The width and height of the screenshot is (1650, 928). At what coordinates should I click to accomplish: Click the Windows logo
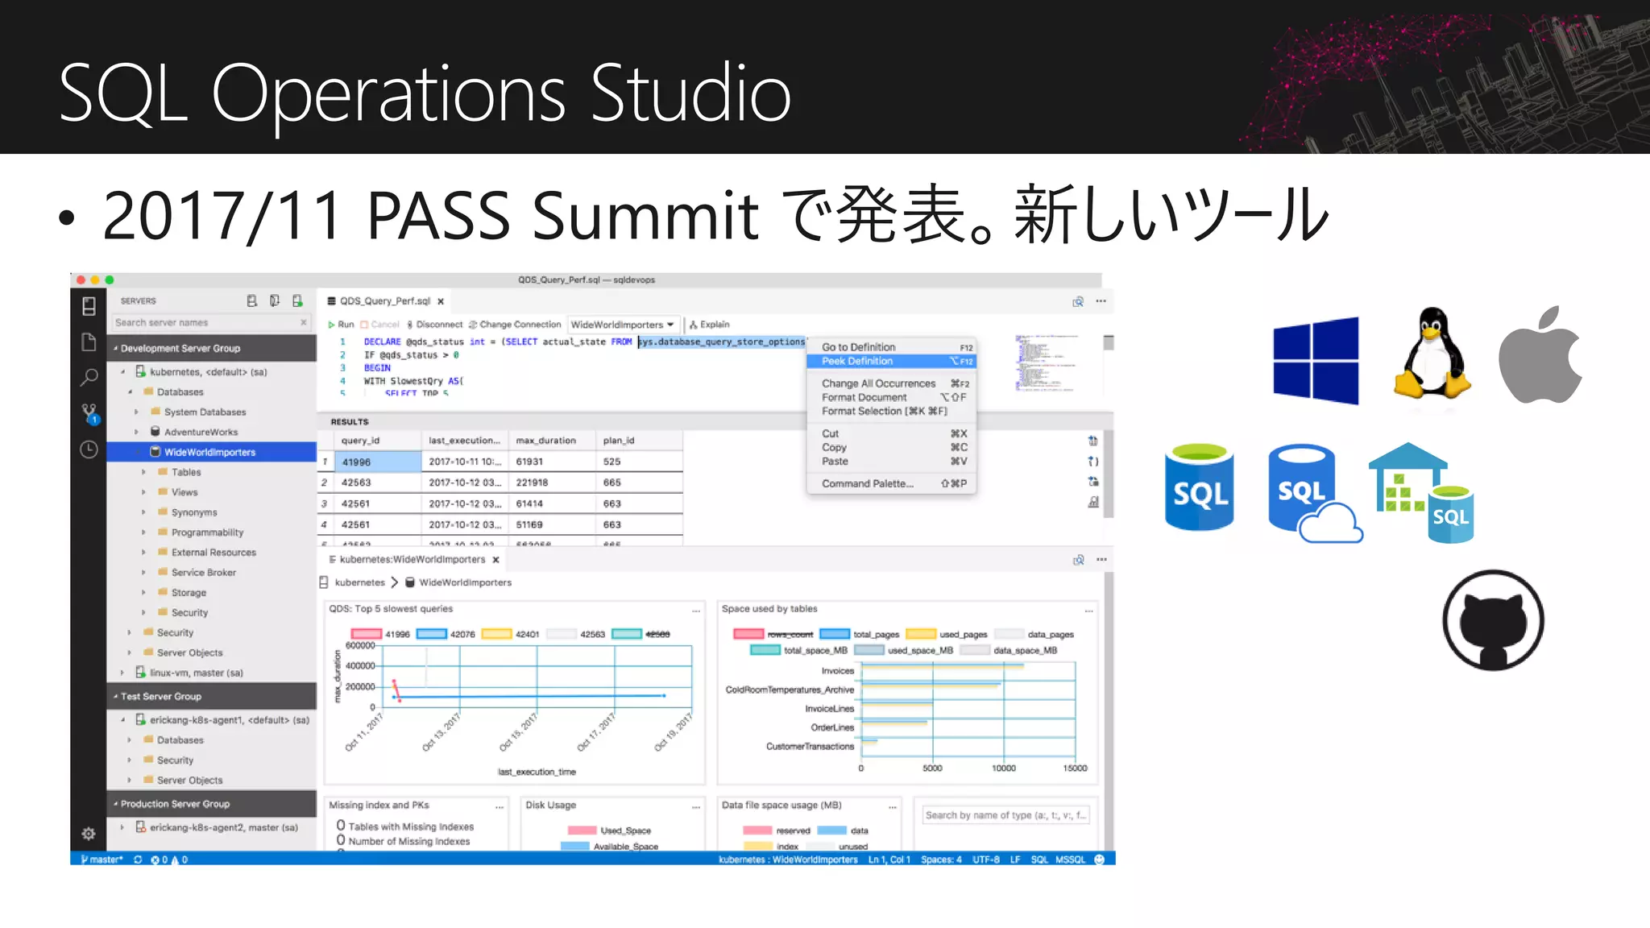[1316, 360]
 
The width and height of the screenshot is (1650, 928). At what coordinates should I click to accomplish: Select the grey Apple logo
[1540, 355]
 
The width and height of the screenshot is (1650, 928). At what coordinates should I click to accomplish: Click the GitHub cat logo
[1493, 620]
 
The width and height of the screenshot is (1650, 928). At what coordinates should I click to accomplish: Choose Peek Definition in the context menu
[857, 361]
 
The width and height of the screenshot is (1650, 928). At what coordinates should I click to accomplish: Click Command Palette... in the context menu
[868, 483]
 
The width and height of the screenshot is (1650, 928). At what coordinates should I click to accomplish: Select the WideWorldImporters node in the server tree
[209, 452]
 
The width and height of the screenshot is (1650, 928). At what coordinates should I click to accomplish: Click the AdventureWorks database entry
[201, 432]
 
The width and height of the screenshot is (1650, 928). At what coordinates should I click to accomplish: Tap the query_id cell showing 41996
[356, 462]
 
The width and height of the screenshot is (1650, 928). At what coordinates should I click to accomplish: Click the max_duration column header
[545, 441]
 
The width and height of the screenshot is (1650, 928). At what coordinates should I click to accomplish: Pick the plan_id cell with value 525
[611, 462]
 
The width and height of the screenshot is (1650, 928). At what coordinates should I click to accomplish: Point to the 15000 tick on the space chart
[1075, 768]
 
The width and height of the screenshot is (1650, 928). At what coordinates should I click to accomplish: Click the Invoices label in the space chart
[837, 670]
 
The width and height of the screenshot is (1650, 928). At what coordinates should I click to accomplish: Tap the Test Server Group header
[161, 696]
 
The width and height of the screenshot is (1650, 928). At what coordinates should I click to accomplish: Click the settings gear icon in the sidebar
[89, 834]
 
